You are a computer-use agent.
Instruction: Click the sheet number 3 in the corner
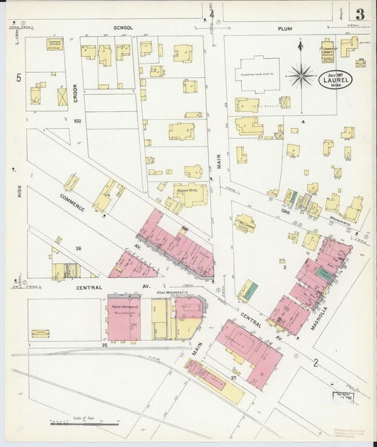(x=360, y=13)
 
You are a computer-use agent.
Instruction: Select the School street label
(x=124, y=28)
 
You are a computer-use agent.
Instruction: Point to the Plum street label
(x=284, y=29)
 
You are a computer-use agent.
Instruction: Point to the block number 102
(x=78, y=121)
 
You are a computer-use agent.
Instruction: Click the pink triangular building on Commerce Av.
(x=131, y=265)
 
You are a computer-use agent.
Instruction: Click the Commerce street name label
(x=73, y=202)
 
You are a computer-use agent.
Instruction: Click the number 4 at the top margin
(x=211, y=13)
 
